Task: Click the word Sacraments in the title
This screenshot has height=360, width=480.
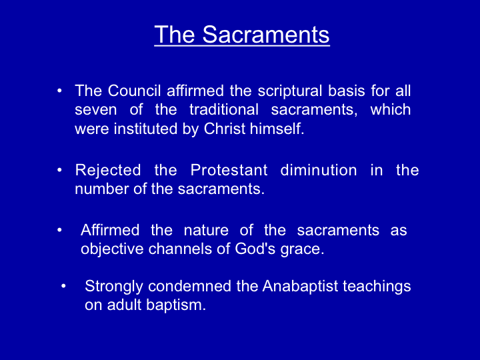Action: pyautogui.click(x=266, y=34)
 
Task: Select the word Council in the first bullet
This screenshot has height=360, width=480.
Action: pyautogui.click(x=134, y=91)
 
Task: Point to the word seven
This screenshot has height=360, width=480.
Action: pyautogui.click(x=95, y=110)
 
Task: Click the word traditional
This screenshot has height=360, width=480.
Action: pyautogui.click(x=224, y=109)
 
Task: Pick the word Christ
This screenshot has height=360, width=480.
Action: pyautogui.click(x=225, y=129)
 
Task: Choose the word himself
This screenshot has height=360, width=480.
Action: pyautogui.click(x=277, y=129)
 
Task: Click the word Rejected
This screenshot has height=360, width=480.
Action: pyautogui.click(x=108, y=171)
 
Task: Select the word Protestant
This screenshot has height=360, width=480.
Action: pyautogui.click(x=229, y=170)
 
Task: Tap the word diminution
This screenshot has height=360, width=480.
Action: pyautogui.click(x=319, y=170)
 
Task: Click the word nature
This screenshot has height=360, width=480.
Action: pyautogui.click(x=206, y=231)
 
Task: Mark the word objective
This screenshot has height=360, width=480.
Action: pyautogui.click(x=112, y=249)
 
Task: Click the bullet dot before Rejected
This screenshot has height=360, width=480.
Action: pyautogui.click(x=59, y=169)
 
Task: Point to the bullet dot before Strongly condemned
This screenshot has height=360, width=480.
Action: pyautogui.click(x=63, y=286)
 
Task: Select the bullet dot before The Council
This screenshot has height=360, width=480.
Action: pyautogui.click(x=59, y=91)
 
